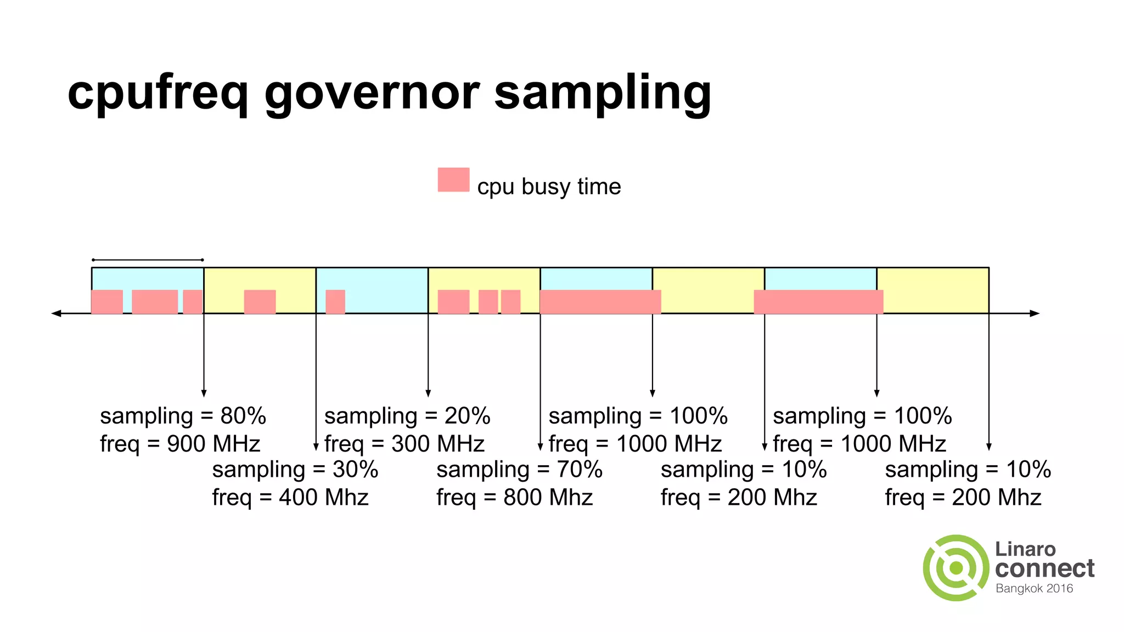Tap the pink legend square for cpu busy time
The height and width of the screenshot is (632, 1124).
point(453,179)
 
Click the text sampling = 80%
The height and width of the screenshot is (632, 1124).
point(183,416)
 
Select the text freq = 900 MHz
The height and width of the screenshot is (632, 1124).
point(180,444)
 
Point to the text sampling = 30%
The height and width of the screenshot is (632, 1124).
point(295,470)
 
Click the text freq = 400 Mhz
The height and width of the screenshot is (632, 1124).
point(290,498)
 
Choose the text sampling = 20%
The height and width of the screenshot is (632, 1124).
point(407,416)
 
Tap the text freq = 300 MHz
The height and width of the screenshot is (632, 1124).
point(404,444)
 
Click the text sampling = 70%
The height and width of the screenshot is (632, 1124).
point(519,470)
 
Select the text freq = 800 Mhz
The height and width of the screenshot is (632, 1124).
point(515,498)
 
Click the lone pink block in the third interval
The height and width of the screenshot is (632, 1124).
point(335,302)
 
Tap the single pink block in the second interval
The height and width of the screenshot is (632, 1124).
point(260,302)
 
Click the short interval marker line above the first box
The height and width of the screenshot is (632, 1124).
point(148,260)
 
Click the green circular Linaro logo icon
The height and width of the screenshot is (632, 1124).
point(956,568)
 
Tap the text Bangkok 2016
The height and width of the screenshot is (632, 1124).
point(1034,589)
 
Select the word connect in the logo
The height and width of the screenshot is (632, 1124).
point(1044,568)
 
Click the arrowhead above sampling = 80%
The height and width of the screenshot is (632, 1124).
point(204,393)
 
